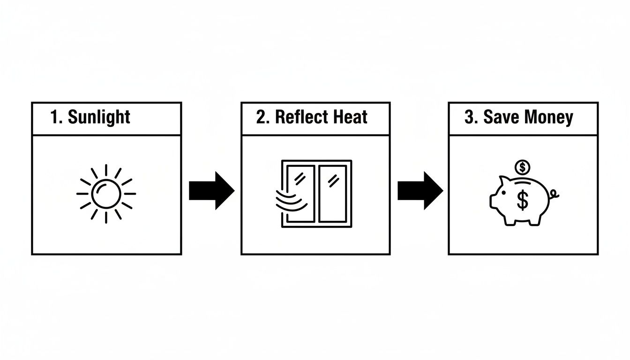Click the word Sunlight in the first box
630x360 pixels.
(x=99, y=117)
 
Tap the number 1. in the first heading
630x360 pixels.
(x=56, y=117)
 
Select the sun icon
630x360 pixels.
(x=106, y=194)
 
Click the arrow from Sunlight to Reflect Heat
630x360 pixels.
(x=211, y=190)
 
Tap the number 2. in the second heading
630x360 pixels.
(x=262, y=117)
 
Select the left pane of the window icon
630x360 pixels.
(x=301, y=193)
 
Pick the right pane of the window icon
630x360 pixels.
(x=332, y=193)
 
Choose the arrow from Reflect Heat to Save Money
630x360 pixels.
(x=420, y=190)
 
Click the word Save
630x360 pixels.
(x=500, y=117)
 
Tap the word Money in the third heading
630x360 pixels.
(x=548, y=117)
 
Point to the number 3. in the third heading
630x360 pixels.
(x=470, y=117)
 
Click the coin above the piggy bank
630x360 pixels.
(x=522, y=166)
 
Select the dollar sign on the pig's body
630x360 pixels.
(x=522, y=200)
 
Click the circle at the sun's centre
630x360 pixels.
(x=106, y=194)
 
